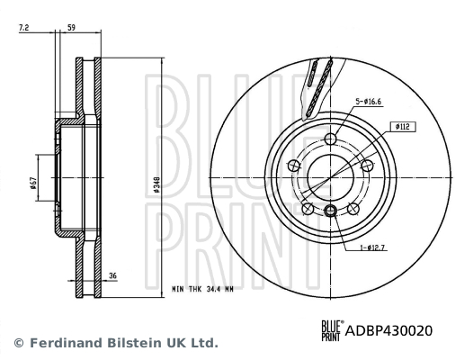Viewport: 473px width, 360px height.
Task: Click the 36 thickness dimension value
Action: pos(113,276)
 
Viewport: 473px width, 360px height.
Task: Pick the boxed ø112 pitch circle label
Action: pos(401,127)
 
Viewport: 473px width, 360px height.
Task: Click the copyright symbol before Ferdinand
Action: pos(18,343)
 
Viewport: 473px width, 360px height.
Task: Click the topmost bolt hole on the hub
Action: pos(330,138)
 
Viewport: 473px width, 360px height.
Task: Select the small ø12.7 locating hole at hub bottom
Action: pos(330,211)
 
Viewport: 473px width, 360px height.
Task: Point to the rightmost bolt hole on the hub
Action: pos(366,165)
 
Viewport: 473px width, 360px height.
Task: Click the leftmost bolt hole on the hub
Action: pos(294,165)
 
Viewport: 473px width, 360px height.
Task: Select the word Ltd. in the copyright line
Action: pos(202,343)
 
